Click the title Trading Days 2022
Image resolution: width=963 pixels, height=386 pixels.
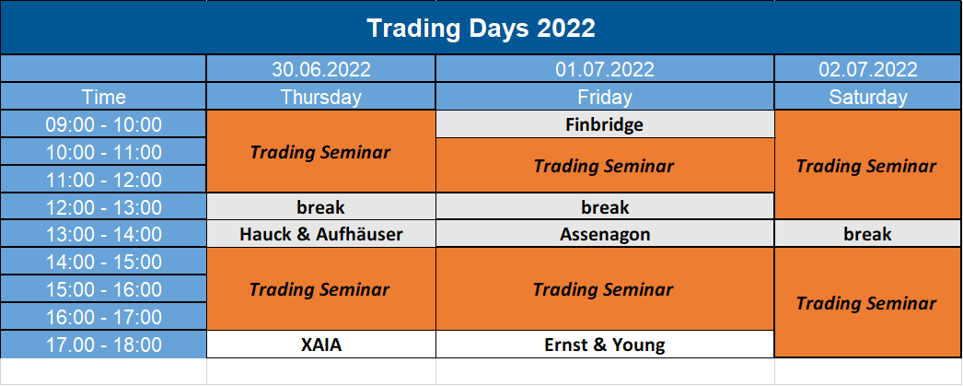pos(481,29)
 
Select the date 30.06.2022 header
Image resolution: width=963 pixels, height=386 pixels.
pos(321,69)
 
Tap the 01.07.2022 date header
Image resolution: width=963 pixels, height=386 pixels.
pos(605,69)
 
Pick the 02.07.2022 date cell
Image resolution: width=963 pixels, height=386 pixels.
pos(868,69)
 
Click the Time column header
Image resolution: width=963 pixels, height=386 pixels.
pos(103,97)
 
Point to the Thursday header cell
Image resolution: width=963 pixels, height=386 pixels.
pos(321,97)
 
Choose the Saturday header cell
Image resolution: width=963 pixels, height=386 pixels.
pos(868,97)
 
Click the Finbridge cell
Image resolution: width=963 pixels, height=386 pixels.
pos(605,124)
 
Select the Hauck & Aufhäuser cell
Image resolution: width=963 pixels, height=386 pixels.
pos(321,234)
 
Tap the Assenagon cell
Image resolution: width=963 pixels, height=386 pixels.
pos(605,234)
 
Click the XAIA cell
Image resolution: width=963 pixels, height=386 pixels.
pos(321,345)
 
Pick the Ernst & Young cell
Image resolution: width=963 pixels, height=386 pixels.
pos(605,345)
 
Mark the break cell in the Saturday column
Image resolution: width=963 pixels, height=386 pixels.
pos(868,234)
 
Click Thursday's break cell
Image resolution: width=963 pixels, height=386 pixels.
pos(321,207)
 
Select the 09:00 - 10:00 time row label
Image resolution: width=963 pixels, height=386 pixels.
pos(103,124)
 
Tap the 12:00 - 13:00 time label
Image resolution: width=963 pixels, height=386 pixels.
pos(103,207)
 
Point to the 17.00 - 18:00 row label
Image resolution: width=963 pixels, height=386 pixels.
pos(103,345)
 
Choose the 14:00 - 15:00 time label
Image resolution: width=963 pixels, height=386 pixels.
pos(103,262)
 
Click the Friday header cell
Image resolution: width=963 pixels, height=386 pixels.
pos(605,97)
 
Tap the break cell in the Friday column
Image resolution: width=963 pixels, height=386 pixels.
pos(605,207)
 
